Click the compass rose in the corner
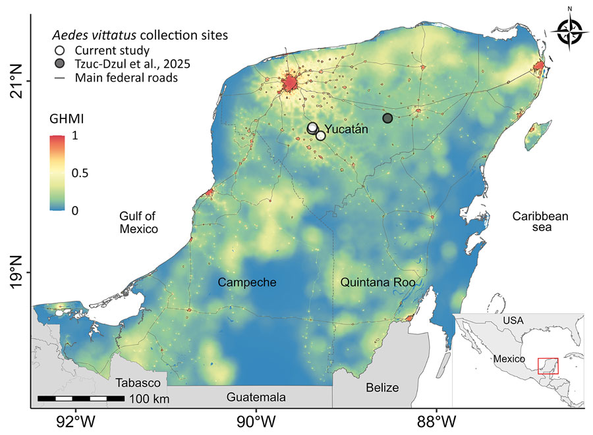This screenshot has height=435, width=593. point(569,29)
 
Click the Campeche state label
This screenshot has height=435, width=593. point(246,282)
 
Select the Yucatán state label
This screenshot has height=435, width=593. point(347,130)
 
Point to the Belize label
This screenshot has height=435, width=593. point(383,388)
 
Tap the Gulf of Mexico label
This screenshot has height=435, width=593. point(138,222)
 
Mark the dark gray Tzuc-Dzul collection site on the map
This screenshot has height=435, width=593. point(387,118)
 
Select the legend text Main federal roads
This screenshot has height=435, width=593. point(126,77)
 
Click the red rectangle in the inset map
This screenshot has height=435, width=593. point(548,366)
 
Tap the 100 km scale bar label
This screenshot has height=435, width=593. point(150,399)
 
